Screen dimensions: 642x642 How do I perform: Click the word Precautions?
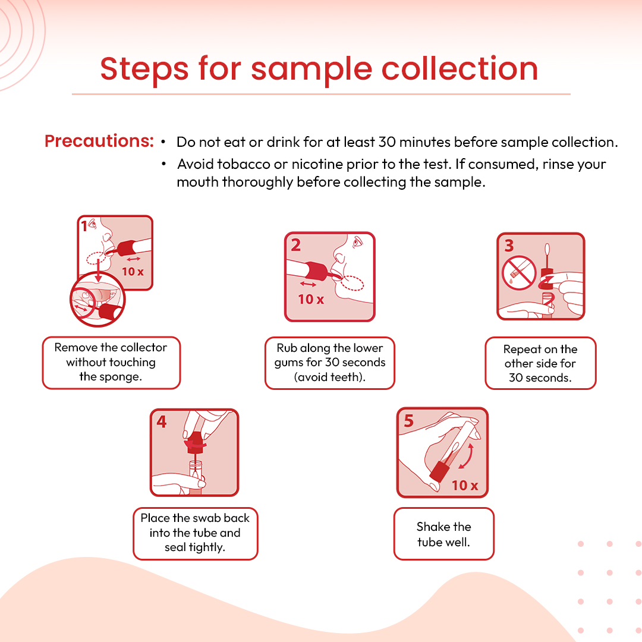(99, 141)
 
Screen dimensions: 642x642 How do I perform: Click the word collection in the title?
(460, 68)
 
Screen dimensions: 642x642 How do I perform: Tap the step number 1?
(84, 226)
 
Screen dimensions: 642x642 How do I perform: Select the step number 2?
(295, 246)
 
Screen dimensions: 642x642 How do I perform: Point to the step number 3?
(509, 246)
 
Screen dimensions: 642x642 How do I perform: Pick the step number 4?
(162, 421)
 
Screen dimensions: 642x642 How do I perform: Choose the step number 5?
(408, 421)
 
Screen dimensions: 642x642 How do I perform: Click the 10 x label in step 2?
(311, 299)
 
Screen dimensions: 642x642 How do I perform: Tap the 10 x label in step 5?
(465, 485)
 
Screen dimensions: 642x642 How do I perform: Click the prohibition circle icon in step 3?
(519, 273)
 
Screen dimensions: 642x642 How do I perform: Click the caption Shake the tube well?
(444, 534)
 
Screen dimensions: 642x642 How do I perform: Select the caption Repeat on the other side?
(540, 363)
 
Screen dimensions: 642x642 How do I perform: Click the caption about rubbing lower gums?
(330, 363)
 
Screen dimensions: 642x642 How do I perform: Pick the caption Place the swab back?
(195, 532)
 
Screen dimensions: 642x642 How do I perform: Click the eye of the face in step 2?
(358, 242)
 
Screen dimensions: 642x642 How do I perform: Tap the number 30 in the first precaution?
(387, 142)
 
